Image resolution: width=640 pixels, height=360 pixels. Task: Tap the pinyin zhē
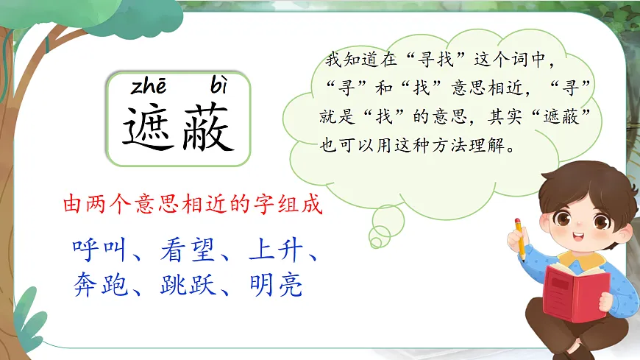point(151,88)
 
